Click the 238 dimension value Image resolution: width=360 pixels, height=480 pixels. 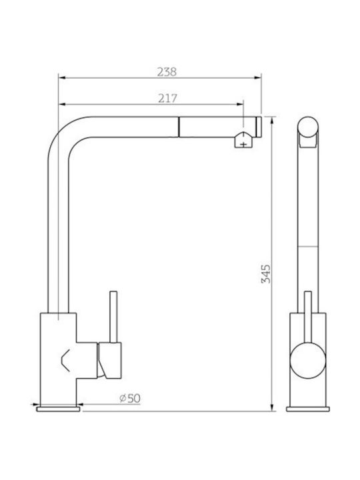(x=167, y=72)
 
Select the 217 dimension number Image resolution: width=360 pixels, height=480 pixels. (x=167, y=98)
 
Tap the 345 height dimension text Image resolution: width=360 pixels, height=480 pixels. (x=266, y=274)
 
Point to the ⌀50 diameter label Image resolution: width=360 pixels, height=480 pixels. (x=130, y=398)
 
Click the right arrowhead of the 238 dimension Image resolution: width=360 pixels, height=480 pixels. (x=258, y=78)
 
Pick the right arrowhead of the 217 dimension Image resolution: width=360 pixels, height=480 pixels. (x=240, y=104)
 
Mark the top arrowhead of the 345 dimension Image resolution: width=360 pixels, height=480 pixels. (x=272, y=120)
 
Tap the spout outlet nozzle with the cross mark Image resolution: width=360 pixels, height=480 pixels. (x=243, y=140)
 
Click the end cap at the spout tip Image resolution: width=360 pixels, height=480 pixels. (x=259, y=127)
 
